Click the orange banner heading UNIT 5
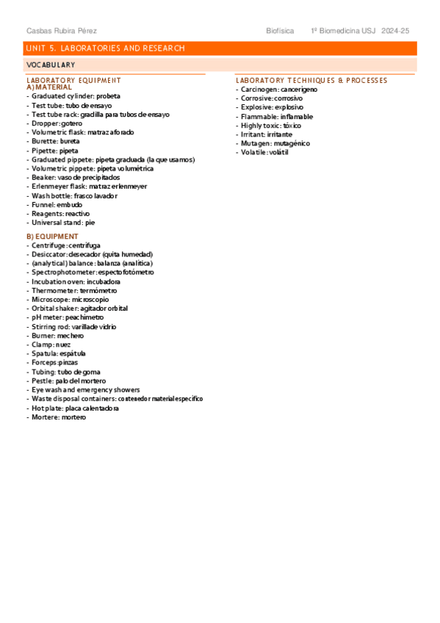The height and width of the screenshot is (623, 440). pyautogui.click(x=105, y=48)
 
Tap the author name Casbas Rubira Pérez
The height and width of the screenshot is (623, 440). pyautogui.click(x=62, y=31)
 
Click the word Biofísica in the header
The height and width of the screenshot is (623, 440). pyautogui.click(x=280, y=31)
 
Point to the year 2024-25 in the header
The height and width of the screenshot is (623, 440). pyautogui.click(x=395, y=31)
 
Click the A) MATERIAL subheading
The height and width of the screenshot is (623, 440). pyautogui.click(x=49, y=87)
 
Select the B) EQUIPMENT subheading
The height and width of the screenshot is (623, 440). pyautogui.click(x=52, y=236)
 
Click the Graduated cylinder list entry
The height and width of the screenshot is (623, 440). pyautogui.click(x=76, y=96)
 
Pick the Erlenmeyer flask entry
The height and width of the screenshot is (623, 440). pyautogui.click(x=88, y=187)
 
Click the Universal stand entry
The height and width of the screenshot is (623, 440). pyautogui.click(x=63, y=223)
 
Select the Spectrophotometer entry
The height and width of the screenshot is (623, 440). pyautogui.click(x=93, y=272)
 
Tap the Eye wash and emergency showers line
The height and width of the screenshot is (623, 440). pyautogui.click(x=85, y=390)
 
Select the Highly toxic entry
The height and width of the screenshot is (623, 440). pyautogui.click(x=271, y=126)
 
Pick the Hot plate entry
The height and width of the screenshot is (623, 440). pyautogui.click(x=75, y=408)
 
